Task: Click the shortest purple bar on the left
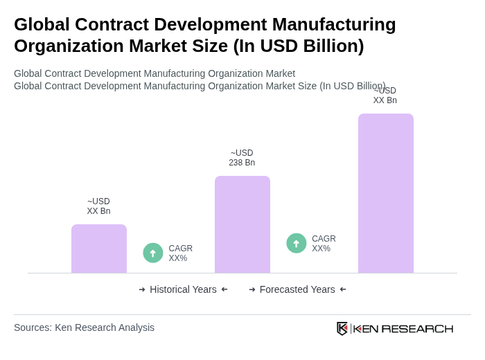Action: pyautogui.click(x=99, y=249)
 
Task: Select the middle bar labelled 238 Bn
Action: pyautogui.click(x=242, y=224)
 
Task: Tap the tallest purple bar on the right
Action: pyautogui.click(x=385, y=193)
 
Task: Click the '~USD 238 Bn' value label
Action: pyautogui.click(x=242, y=158)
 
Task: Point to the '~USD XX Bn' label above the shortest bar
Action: pyautogui.click(x=98, y=206)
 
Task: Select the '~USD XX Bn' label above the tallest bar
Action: pyautogui.click(x=385, y=96)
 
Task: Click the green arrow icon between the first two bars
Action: pyautogui.click(x=153, y=253)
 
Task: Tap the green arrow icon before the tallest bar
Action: pyautogui.click(x=297, y=243)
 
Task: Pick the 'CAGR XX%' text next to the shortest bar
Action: pyautogui.click(x=180, y=253)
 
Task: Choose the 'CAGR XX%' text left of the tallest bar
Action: pyautogui.click(x=324, y=244)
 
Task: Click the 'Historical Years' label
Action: pyautogui.click(x=183, y=289)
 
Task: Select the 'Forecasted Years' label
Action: pyautogui.click(x=297, y=289)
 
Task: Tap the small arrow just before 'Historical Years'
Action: pyautogui.click(x=142, y=289)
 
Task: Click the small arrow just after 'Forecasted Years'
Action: pyautogui.click(x=343, y=289)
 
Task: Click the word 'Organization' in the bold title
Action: pyautogui.click(x=63, y=46)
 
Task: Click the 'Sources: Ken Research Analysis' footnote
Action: pyautogui.click(x=84, y=327)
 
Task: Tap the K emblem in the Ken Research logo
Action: pyautogui.click(x=342, y=328)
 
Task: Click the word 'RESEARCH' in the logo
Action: pyautogui.click(x=417, y=328)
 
